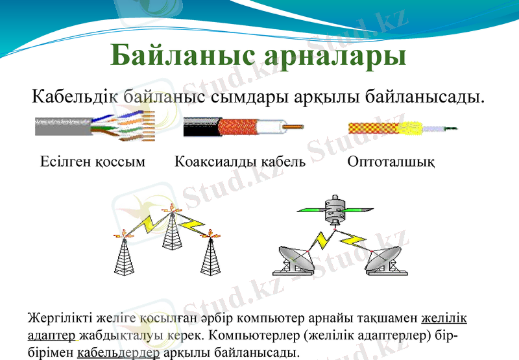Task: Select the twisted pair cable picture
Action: coord(95,125)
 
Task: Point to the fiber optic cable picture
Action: coord(402,128)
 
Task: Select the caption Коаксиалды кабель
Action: coord(239,161)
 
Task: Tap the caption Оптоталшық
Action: coord(391,161)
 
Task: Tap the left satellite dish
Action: coord(296,259)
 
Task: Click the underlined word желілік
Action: coord(444,319)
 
